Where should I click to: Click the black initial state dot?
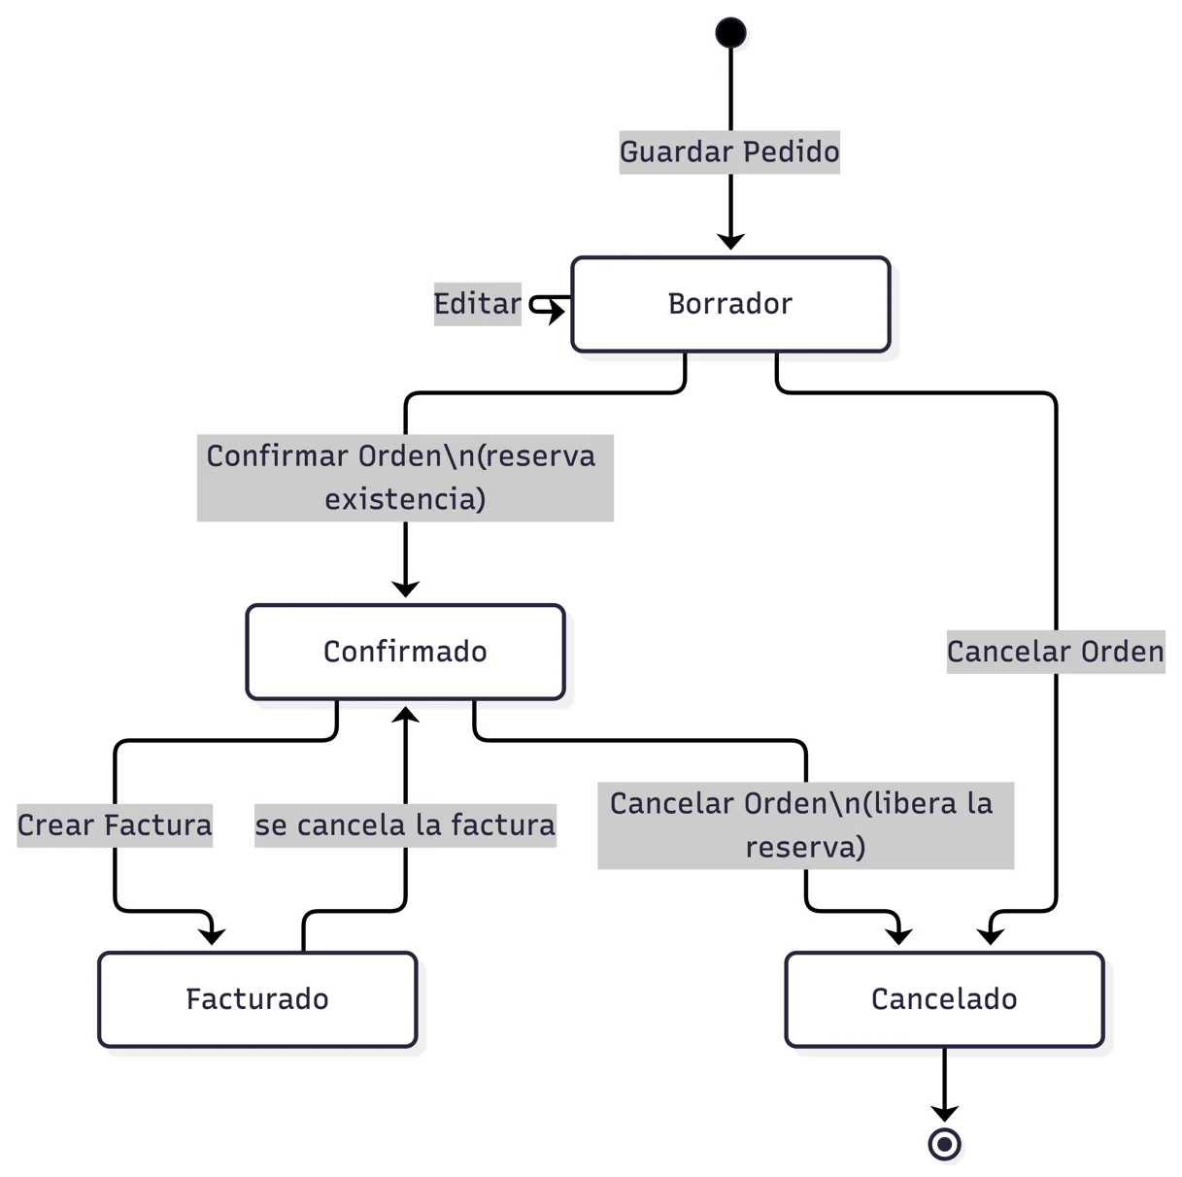(x=730, y=32)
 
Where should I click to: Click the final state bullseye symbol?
(x=945, y=1144)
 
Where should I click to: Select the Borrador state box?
(x=730, y=304)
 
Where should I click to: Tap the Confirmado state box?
(x=405, y=652)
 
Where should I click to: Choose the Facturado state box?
(x=257, y=999)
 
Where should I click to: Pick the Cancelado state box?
(x=945, y=999)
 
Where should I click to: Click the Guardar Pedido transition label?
(x=729, y=152)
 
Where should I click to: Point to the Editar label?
(x=477, y=304)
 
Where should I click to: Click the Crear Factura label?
(x=115, y=825)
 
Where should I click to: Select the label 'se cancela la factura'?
(x=405, y=825)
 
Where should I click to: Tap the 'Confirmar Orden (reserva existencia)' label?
(x=405, y=478)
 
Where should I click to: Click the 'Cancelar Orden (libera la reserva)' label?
(x=806, y=825)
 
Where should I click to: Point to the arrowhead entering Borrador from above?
(x=730, y=241)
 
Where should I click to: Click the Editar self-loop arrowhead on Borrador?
(x=557, y=312)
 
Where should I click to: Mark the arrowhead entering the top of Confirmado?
(x=405, y=588)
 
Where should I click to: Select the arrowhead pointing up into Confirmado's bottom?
(x=405, y=715)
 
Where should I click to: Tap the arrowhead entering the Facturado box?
(x=212, y=936)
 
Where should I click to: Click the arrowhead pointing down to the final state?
(x=945, y=1114)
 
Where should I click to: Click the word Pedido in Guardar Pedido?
(x=792, y=152)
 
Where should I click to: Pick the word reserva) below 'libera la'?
(x=805, y=848)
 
